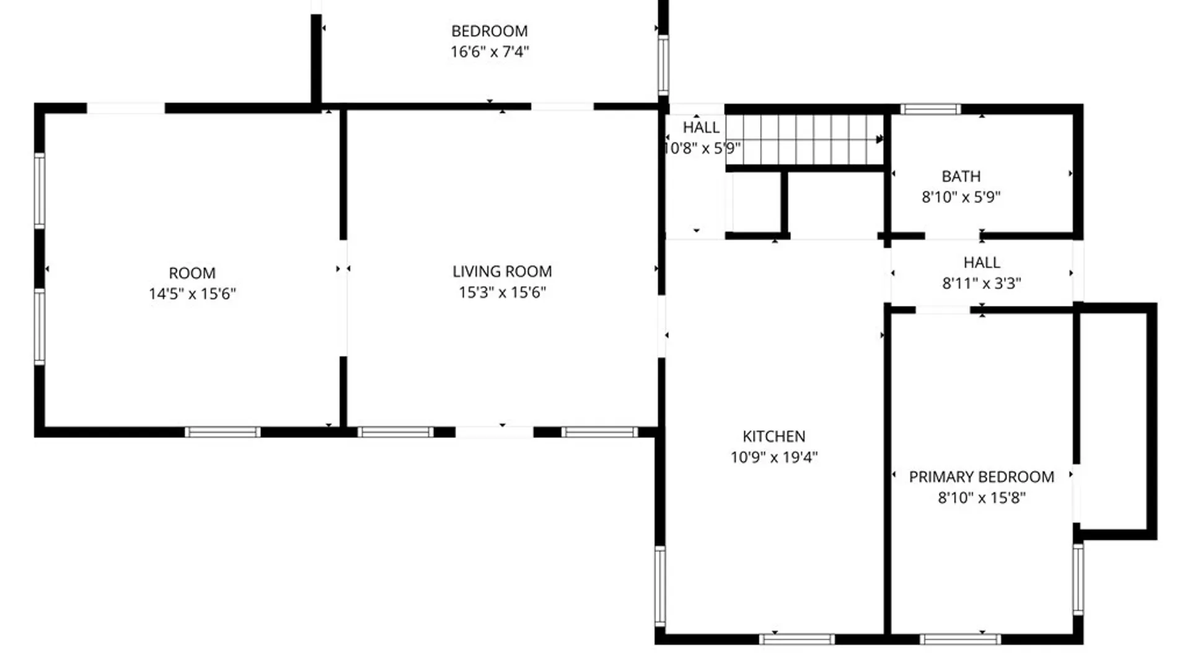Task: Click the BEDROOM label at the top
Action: [489, 31]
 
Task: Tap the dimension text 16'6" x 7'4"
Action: [489, 51]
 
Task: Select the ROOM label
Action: [192, 273]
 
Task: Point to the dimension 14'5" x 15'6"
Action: [192, 293]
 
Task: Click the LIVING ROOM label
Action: [502, 272]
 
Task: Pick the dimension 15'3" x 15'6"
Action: [502, 292]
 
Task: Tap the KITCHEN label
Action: [774, 436]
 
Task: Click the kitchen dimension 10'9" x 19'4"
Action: [774, 457]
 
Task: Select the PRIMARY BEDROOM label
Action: [981, 477]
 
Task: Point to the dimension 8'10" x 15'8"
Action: [981, 498]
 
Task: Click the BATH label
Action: [961, 177]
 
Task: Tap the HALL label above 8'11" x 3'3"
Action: [982, 262]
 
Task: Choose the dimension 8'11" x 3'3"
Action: [982, 284]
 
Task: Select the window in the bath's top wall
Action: [930, 110]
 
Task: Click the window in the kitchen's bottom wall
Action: [797, 639]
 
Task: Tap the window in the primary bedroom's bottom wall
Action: [960, 639]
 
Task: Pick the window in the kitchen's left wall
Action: [661, 586]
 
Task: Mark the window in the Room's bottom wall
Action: [223, 432]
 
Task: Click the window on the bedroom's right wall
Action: [663, 65]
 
